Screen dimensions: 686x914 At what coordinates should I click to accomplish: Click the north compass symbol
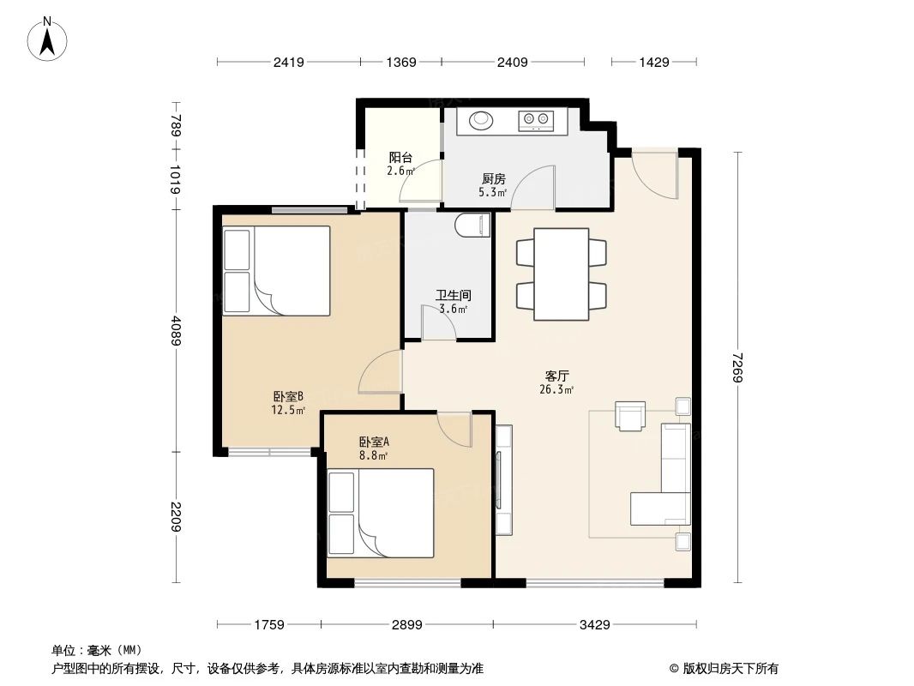[49, 38]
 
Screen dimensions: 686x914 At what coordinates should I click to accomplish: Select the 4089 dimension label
[176, 332]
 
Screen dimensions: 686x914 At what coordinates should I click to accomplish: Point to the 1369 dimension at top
[400, 62]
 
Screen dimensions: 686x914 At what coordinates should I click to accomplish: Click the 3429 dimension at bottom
[594, 624]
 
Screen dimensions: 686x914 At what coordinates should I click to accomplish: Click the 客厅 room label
[557, 376]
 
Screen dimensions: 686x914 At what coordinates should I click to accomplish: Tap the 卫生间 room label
[454, 295]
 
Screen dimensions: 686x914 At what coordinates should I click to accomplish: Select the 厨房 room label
[493, 178]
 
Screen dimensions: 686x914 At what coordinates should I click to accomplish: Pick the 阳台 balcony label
[400, 157]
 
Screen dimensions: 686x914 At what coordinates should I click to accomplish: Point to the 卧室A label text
[374, 442]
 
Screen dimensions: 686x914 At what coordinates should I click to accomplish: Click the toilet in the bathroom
[473, 226]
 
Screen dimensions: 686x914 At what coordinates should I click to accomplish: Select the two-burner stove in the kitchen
[537, 120]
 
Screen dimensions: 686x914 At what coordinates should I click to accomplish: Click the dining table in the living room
[561, 274]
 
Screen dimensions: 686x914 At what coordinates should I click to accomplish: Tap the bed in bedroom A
[394, 513]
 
